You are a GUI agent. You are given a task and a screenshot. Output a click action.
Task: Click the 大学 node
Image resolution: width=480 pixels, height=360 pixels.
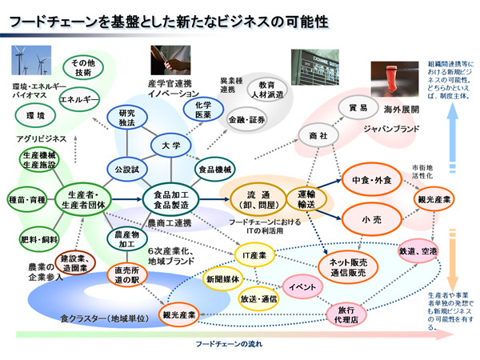point(170,146)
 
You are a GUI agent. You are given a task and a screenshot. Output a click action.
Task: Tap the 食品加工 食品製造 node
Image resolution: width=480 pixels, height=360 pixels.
point(170,198)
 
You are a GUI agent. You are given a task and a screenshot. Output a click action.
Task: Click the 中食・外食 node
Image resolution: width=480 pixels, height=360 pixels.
point(370,181)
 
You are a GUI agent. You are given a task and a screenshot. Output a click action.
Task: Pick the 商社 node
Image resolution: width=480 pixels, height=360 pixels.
point(318,136)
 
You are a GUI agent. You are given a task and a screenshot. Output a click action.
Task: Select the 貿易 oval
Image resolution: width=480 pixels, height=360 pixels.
point(358,107)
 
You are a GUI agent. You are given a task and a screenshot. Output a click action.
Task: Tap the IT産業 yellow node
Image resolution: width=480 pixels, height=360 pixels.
point(255,255)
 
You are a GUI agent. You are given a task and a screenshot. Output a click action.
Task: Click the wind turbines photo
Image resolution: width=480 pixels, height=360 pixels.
point(30,62)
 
